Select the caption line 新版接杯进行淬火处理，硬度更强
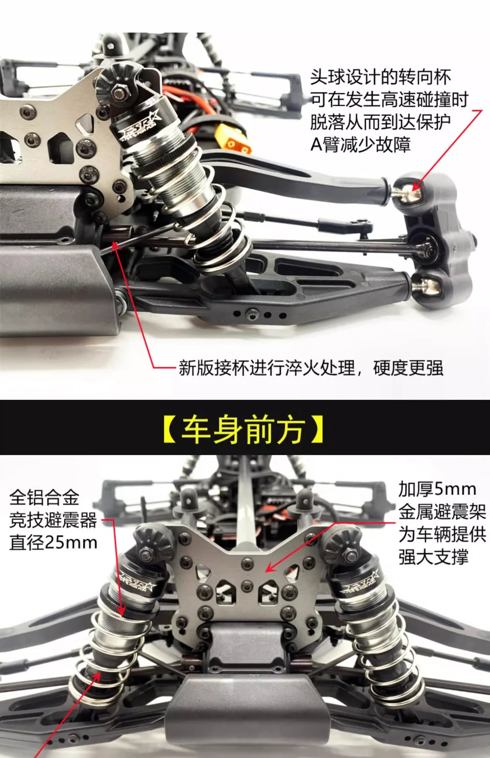pyautogui.click(x=311, y=368)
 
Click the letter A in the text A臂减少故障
pyautogui.click(x=316, y=144)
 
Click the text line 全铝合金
pyautogui.click(x=44, y=497)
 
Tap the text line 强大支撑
pyautogui.click(x=433, y=557)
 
